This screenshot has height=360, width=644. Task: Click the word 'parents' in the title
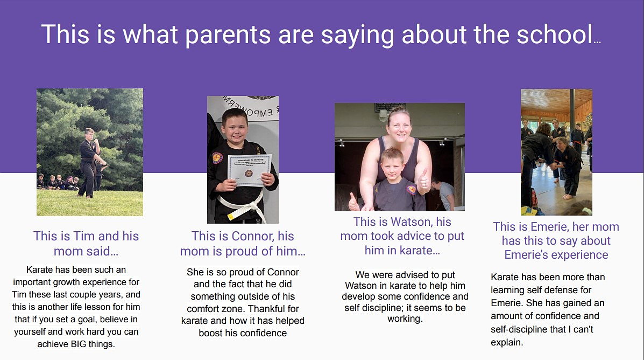coord(228,34)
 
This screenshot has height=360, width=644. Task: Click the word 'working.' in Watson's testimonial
coord(405,319)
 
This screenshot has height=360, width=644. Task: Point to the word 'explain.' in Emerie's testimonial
coord(507,342)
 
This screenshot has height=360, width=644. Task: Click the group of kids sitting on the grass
coord(58,182)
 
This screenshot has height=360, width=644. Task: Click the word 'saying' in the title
coord(357,36)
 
